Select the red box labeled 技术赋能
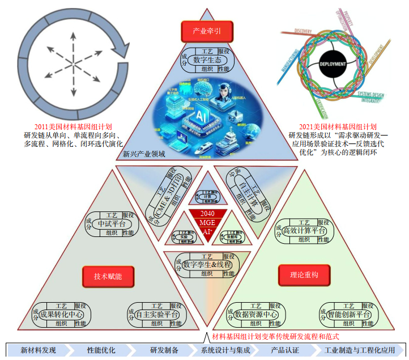coord(108,276)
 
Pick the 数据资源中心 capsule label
coord(255,315)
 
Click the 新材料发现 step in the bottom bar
coord(39,350)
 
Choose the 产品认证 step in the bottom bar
coord(285,350)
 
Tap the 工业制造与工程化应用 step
coord(361,350)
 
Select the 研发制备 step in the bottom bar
coord(164,350)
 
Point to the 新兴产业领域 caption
coord(144,154)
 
